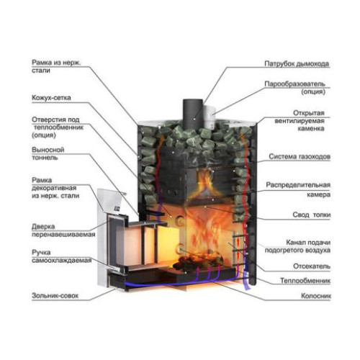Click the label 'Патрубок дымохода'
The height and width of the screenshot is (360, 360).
297,64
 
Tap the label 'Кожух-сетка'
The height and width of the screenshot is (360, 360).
51,98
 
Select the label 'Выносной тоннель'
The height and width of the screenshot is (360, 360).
48,153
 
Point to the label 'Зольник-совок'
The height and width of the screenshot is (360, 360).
55,295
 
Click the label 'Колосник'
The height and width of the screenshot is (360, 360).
316,296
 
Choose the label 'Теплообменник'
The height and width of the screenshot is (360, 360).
305,281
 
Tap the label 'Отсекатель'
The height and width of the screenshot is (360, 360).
312,266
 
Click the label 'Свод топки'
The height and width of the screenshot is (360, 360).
312,215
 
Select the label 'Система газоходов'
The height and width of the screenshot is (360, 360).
300,156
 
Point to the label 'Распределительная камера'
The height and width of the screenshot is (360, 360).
298,189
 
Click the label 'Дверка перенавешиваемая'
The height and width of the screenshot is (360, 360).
63,230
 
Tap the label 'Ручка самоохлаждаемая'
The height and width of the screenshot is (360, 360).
62,256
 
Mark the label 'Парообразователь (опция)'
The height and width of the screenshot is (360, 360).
295,88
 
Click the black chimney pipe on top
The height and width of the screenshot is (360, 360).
193,114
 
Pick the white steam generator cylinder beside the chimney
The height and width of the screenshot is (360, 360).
209,117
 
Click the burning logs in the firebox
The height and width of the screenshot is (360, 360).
198,261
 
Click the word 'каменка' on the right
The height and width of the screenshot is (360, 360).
311,128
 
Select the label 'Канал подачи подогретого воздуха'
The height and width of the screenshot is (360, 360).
297,246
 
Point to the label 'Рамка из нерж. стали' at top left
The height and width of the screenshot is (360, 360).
56,66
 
